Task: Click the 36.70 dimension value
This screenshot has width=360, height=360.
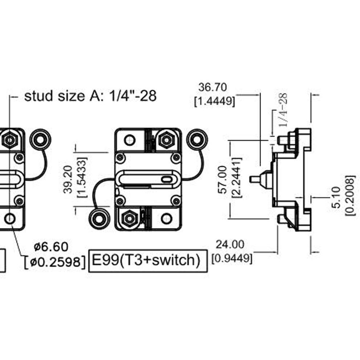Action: [212, 87]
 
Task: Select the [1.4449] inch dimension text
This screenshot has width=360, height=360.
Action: [215, 101]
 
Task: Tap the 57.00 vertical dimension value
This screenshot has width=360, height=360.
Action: [223, 180]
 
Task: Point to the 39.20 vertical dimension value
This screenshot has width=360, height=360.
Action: [68, 179]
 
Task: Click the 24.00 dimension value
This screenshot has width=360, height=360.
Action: [230, 244]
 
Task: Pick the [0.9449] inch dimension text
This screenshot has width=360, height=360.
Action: [232, 258]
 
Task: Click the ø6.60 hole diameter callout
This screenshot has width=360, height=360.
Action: [51, 247]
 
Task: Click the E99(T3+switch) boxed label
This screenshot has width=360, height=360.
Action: [148, 261]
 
